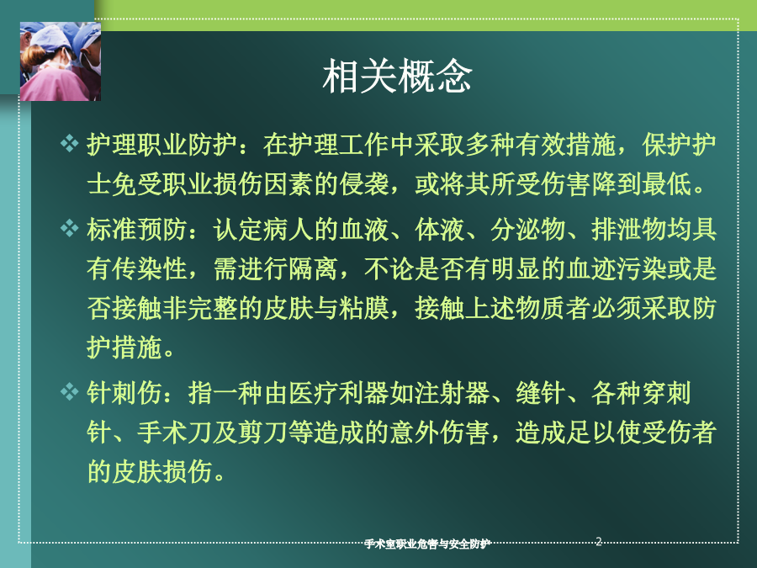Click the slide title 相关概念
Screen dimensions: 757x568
(x=397, y=76)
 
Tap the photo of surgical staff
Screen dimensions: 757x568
(x=61, y=61)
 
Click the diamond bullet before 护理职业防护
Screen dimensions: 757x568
(x=70, y=143)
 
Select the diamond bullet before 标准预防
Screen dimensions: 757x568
(x=70, y=228)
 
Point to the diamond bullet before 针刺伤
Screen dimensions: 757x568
(x=70, y=391)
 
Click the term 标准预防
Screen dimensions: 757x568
(x=136, y=229)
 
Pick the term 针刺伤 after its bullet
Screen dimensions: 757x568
(x=124, y=392)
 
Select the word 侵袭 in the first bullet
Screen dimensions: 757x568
(x=364, y=184)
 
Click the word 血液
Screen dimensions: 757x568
(x=364, y=229)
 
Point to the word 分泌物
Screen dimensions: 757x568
(x=527, y=229)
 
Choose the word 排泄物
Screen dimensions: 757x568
(x=628, y=229)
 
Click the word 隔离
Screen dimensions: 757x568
(x=314, y=268)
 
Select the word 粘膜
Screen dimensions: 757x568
(x=364, y=308)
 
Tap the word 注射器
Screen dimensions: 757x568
(x=452, y=392)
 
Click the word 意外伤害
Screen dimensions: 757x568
(x=439, y=432)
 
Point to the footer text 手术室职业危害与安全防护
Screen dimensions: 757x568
(x=427, y=544)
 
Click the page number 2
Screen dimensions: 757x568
(x=599, y=541)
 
